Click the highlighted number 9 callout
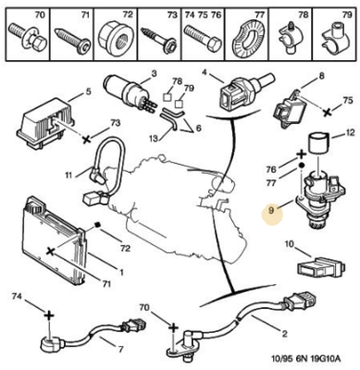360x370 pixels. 271,211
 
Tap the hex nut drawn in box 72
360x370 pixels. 116,37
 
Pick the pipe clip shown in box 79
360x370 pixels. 334,41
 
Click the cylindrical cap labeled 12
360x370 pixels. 319,142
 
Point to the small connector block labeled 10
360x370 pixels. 321,268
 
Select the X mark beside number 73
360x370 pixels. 87,140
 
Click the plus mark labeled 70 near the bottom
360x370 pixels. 174,327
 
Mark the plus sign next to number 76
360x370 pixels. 301,154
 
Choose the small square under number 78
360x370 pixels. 167,97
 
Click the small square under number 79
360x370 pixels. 179,104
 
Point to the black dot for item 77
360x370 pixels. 302,166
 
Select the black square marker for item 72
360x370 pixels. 98,225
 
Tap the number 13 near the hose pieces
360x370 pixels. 154,139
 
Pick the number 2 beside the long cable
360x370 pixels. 284,333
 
